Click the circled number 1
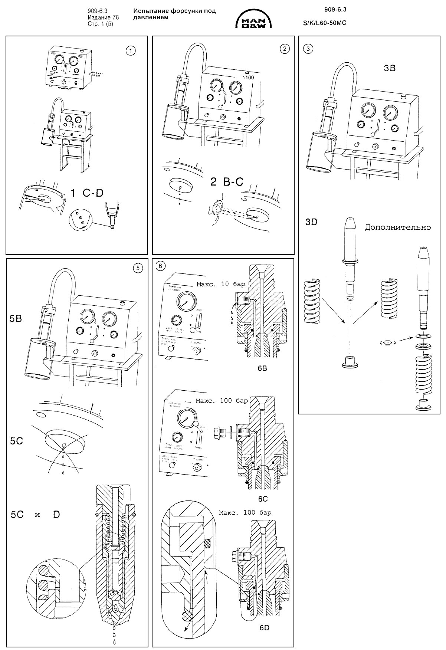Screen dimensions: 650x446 [x=131, y=51]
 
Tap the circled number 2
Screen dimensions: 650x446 [x=284, y=48]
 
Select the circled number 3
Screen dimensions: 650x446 [x=307, y=48]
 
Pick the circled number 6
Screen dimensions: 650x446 [x=160, y=266]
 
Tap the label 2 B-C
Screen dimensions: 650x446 [x=227, y=181]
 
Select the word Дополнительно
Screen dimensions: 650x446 [x=398, y=227]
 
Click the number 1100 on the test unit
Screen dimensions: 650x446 [x=249, y=77]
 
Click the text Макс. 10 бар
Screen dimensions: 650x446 [x=220, y=285]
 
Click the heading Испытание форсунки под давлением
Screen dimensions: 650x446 [x=174, y=14]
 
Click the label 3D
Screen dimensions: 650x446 [x=311, y=221]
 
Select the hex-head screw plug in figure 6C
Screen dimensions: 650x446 [x=220, y=433]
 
